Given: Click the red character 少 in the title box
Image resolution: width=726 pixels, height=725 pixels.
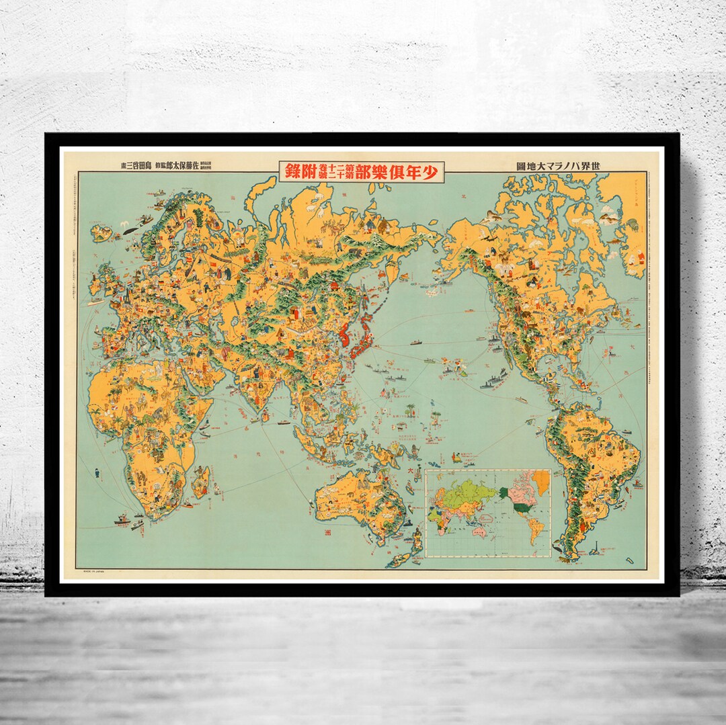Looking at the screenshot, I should click(432, 172).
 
